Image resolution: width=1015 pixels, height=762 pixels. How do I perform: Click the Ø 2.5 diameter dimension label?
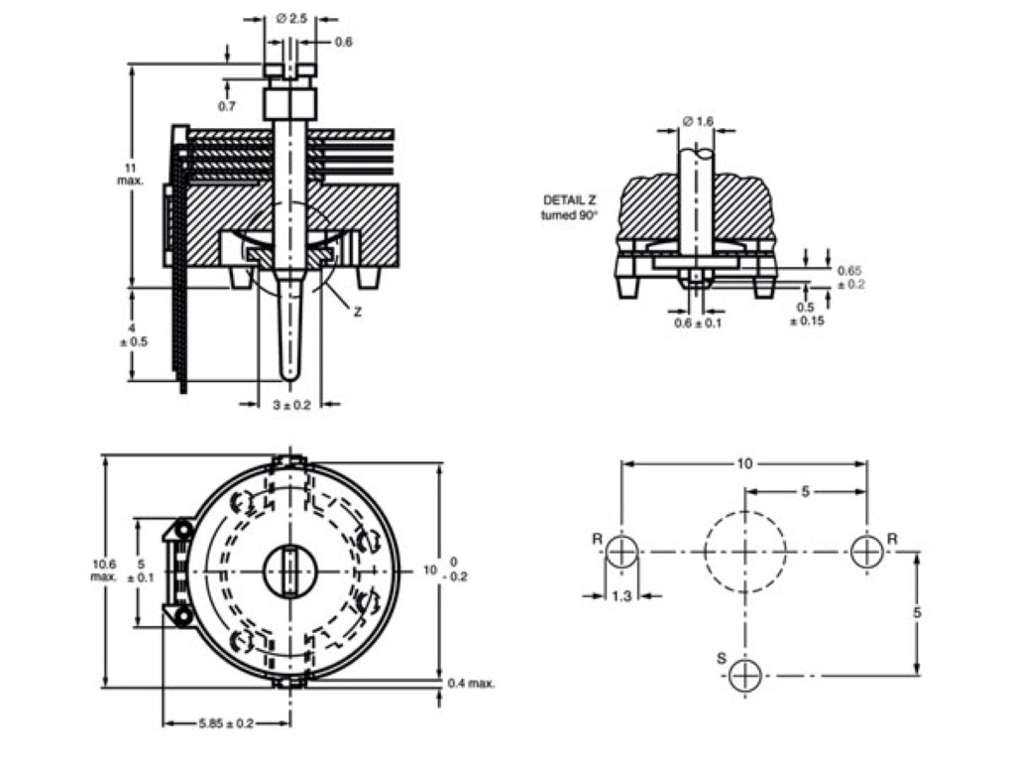(x=294, y=18)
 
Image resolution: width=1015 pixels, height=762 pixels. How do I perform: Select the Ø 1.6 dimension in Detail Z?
(x=698, y=121)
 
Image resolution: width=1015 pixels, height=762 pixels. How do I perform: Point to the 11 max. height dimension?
(x=130, y=173)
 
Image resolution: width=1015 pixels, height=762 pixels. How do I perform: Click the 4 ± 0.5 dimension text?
(x=130, y=334)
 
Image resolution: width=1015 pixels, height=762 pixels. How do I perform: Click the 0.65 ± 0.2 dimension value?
(x=849, y=276)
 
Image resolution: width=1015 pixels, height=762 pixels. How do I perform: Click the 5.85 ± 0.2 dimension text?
(x=226, y=723)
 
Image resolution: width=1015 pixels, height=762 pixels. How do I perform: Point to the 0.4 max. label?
(x=471, y=683)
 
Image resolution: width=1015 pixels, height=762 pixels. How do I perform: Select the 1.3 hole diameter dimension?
(x=621, y=595)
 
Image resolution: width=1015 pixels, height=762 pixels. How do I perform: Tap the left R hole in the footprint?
(x=621, y=551)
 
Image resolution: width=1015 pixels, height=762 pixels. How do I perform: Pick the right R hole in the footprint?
(x=866, y=551)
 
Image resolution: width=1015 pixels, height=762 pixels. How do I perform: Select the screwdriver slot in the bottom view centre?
(x=289, y=572)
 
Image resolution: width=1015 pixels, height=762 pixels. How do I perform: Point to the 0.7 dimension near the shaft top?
(x=227, y=105)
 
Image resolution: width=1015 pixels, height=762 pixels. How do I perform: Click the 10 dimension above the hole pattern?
(x=744, y=463)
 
